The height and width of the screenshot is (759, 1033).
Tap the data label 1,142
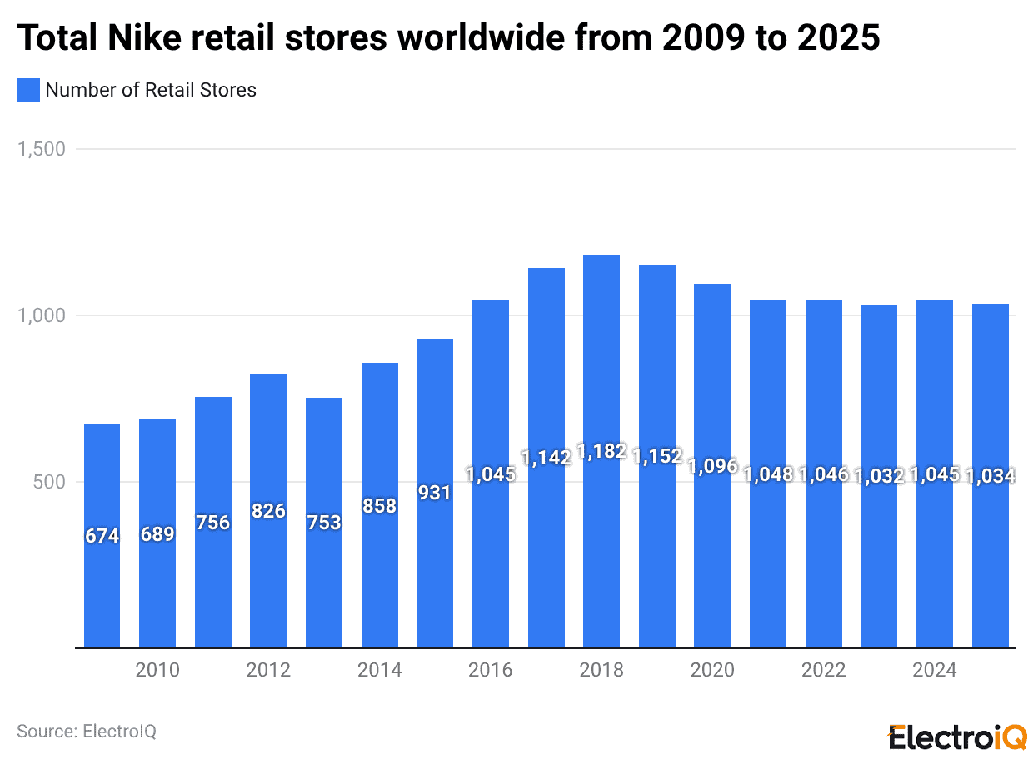[546, 457]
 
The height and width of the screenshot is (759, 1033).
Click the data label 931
[435, 493]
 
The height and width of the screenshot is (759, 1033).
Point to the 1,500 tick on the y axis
[41, 150]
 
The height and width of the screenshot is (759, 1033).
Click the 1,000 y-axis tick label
[41, 316]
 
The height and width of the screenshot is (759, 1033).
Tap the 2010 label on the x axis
[157, 671]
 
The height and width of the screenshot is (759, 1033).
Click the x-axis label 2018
[601, 671]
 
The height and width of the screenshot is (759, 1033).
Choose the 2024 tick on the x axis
[935, 671]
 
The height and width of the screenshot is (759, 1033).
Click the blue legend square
[28, 90]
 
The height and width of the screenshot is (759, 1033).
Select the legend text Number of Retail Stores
[151, 90]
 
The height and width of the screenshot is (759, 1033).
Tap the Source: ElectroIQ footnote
[87, 732]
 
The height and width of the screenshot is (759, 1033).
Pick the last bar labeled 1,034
[991, 566]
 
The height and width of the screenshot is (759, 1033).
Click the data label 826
[268, 511]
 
